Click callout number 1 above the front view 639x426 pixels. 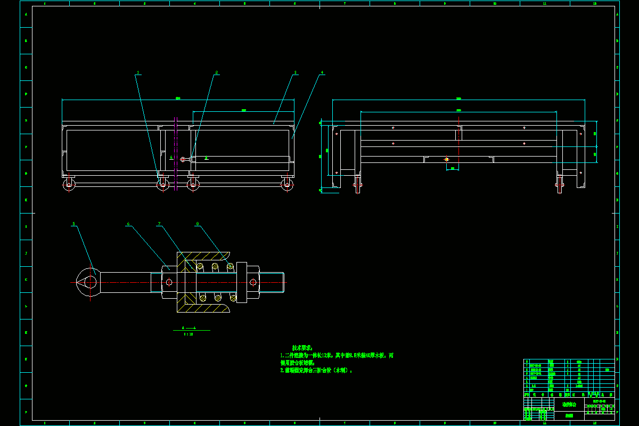(137, 72)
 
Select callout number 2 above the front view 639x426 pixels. (217, 72)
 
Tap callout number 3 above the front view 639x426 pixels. (296, 72)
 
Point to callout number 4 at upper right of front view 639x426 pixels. (322, 72)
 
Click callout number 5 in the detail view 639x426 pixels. (74, 224)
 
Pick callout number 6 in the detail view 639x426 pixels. (128, 224)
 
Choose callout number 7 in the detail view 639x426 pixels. (159, 224)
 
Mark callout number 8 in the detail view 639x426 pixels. (198, 224)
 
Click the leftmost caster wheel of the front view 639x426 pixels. (69, 185)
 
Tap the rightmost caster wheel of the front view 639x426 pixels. (288, 185)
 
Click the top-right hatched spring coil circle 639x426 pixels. (231, 266)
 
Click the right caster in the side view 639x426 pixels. (559, 186)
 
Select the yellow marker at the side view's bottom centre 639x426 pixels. (446, 159)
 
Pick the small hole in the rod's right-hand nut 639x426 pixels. (253, 282)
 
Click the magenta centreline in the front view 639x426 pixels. (176, 154)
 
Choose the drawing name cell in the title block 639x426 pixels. (568, 405)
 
